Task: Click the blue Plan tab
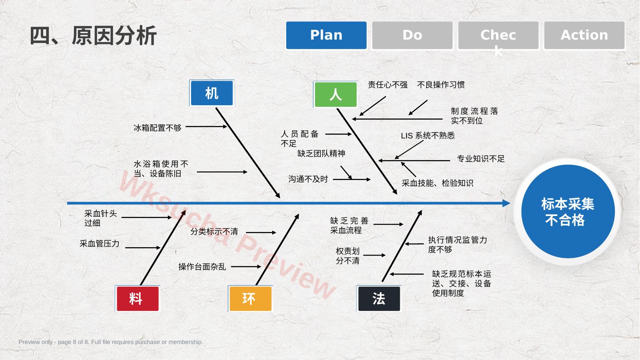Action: pos(326,35)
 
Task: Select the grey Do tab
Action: pos(412,35)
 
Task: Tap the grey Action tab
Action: pos(584,35)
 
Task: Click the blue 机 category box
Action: pos(212,93)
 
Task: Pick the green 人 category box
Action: pos(336,95)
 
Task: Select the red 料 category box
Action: pos(138,299)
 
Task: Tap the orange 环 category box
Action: pos(251,299)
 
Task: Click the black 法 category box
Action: pos(379,299)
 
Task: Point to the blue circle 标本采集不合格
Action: pos(568,212)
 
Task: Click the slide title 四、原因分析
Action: pos(93,36)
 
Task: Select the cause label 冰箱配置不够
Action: pos(158,128)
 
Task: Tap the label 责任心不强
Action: pos(388,85)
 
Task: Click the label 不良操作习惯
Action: pos(441,85)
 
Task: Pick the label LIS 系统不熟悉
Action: pos(428,136)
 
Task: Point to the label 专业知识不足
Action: pos(481,159)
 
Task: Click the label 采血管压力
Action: pos(100,244)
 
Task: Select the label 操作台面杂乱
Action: pos(202,267)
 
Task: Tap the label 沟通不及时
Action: pos(308,179)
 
